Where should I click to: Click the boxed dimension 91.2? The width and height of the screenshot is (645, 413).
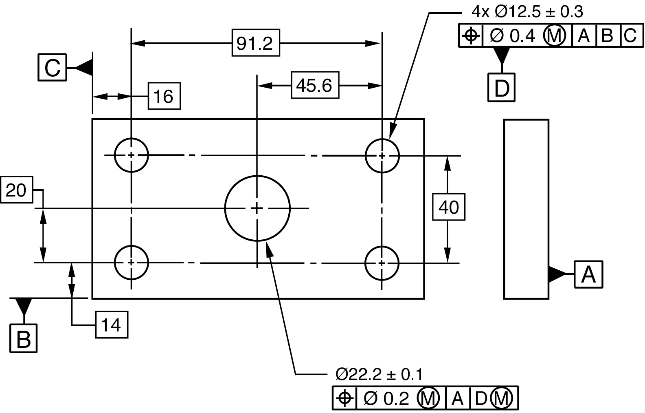click(x=255, y=43)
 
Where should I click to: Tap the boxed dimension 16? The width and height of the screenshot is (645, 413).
click(x=164, y=96)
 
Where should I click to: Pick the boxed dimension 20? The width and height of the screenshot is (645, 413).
click(x=16, y=190)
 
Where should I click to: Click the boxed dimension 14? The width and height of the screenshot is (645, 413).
click(x=112, y=325)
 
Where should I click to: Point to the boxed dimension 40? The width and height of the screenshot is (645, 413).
click(x=449, y=208)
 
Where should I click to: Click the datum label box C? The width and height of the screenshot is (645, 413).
click(x=52, y=67)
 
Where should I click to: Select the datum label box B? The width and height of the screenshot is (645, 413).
click(x=24, y=338)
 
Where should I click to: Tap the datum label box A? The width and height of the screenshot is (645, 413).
click(x=588, y=274)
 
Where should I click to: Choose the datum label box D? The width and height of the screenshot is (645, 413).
click(x=501, y=87)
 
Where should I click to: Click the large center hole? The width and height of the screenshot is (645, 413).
click(x=257, y=208)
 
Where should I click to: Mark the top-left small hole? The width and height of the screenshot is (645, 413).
click(x=131, y=155)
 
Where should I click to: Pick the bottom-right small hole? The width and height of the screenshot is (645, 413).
click(x=382, y=263)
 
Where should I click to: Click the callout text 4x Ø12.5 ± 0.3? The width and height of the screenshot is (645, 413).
click(x=527, y=12)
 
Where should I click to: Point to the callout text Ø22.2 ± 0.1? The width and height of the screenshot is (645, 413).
click(x=379, y=374)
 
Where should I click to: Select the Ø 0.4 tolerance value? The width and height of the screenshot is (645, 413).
click(x=513, y=36)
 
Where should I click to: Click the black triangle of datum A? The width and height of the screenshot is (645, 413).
click(x=556, y=274)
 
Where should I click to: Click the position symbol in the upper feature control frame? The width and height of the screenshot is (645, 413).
click(x=471, y=36)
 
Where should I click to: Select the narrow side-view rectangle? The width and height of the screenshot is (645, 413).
click(x=526, y=209)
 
